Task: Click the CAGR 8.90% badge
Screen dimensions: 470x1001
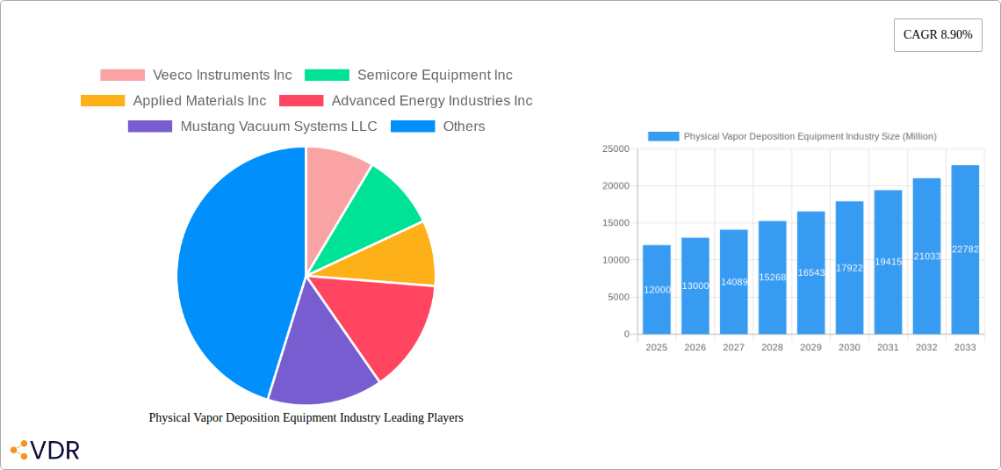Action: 937,35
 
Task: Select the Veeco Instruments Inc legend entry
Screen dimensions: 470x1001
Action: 196,76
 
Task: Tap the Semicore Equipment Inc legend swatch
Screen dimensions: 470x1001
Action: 327,76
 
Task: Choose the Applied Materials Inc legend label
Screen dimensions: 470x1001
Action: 199,101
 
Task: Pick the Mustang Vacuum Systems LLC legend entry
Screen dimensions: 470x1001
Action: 252,127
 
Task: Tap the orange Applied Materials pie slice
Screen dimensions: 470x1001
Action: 400,257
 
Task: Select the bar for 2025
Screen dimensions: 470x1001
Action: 657,290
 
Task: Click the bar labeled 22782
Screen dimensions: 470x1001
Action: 965,249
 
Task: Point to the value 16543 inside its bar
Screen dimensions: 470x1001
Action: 810,273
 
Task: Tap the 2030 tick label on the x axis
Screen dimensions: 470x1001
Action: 849,348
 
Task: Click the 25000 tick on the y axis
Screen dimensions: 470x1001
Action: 616,149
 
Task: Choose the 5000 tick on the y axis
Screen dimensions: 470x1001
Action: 619,298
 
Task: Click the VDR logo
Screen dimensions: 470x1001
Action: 45,450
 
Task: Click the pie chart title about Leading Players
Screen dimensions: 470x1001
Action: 306,418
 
